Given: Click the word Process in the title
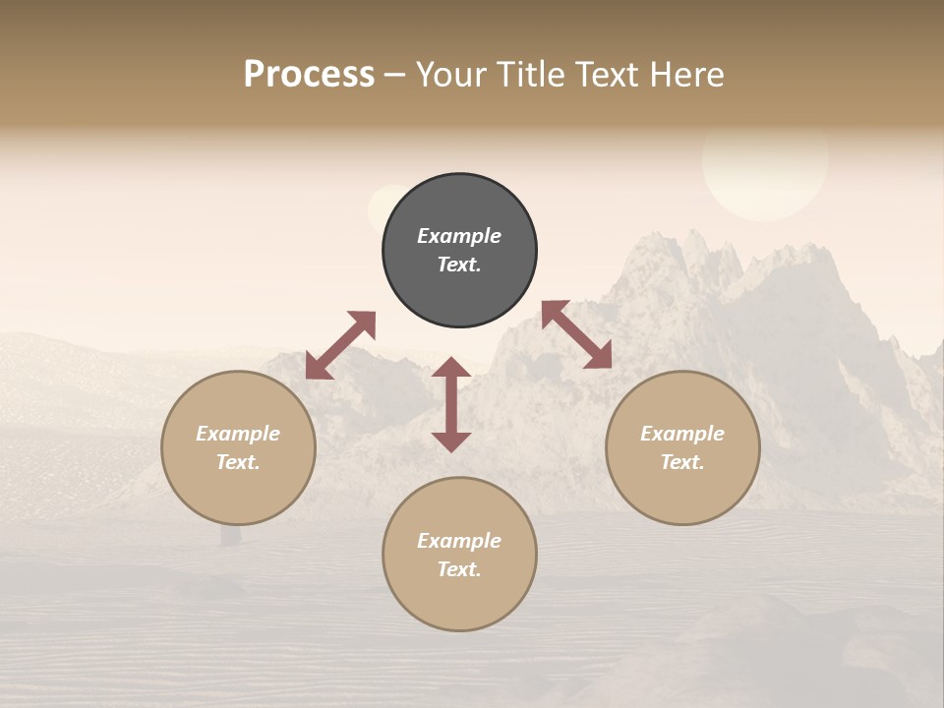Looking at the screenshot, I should tap(309, 75).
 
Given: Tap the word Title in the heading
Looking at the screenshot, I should tap(531, 75).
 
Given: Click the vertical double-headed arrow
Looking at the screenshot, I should tap(451, 404).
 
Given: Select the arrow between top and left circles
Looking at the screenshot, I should tap(340, 345).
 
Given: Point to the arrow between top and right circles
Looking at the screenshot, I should tap(576, 334).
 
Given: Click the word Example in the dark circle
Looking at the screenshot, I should tap(459, 236).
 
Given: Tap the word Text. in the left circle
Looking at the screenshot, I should tap(238, 462).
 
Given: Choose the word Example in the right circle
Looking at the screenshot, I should tap(682, 434).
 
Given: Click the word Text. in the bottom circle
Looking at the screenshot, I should tap(459, 569).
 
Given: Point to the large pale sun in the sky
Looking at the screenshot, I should tap(765, 162).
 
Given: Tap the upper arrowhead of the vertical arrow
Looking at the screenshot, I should tap(451, 369).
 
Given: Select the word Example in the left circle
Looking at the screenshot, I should tap(238, 434).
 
